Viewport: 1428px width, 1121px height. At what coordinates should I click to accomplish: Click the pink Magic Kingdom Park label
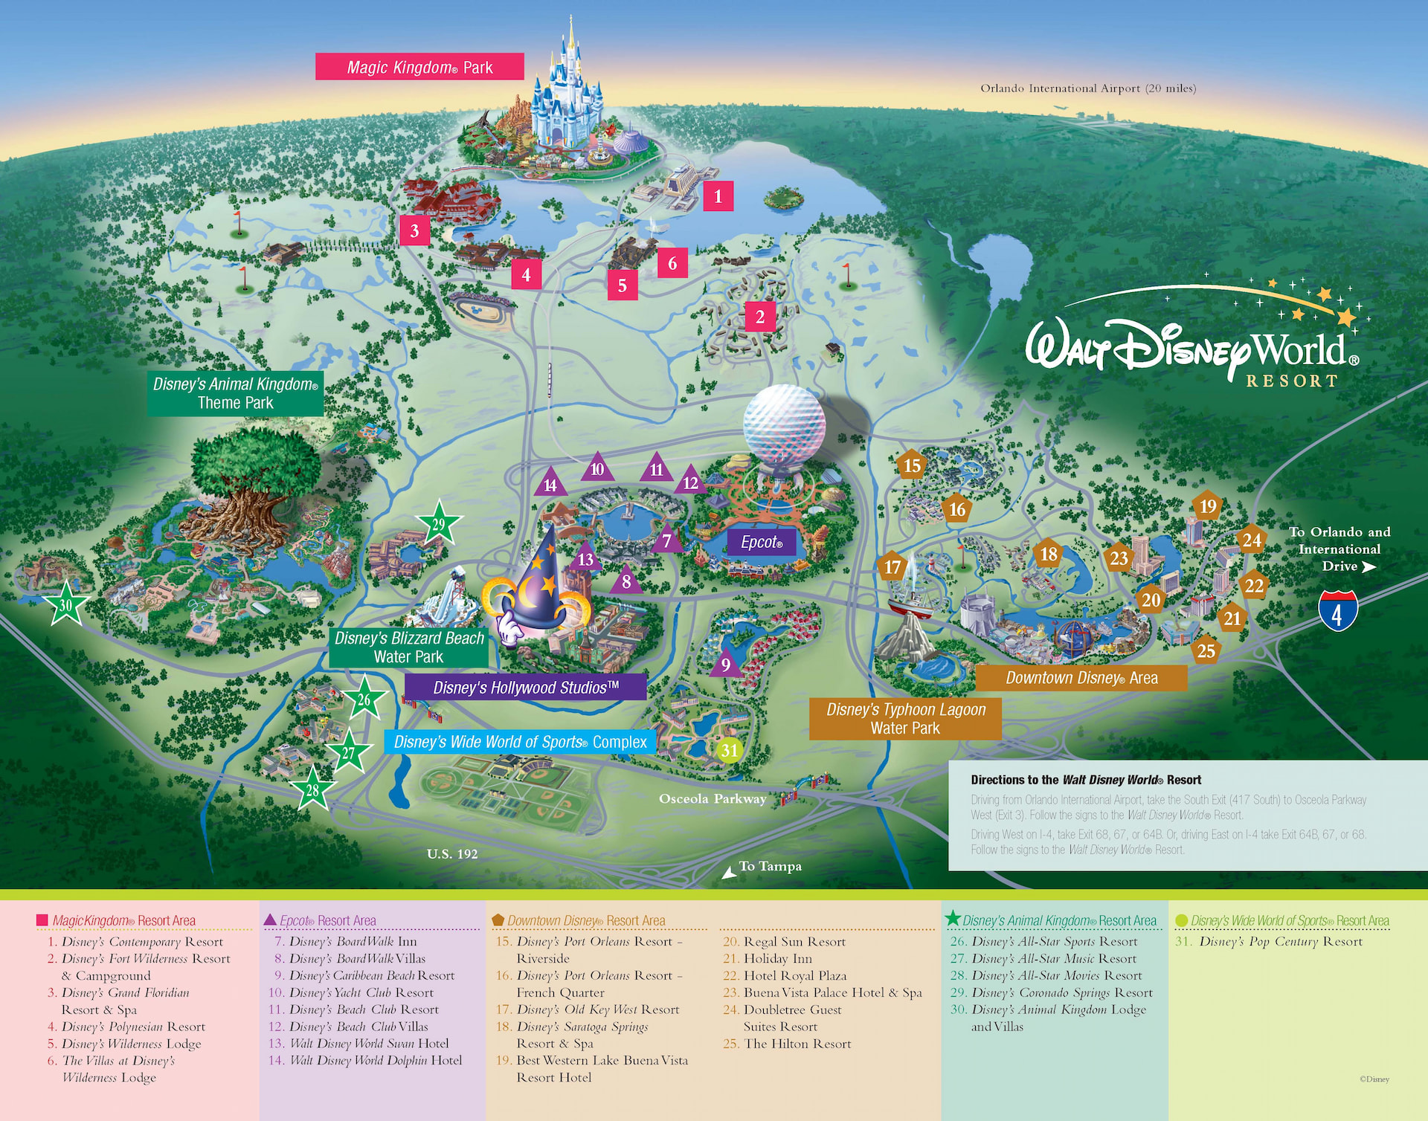[x=419, y=67]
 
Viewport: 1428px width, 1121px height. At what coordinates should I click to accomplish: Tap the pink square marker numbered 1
[x=718, y=196]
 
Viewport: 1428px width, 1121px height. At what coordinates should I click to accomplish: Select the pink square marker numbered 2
[x=759, y=317]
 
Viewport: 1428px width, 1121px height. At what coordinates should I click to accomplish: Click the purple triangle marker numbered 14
[x=550, y=484]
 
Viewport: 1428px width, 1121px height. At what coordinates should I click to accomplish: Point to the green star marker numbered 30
[x=65, y=604]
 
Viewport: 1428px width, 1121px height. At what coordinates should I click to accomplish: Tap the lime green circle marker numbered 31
[x=729, y=750]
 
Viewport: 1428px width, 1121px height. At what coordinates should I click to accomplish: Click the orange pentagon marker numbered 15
[x=912, y=465]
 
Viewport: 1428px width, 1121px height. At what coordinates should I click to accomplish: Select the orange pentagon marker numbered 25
[x=1206, y=650]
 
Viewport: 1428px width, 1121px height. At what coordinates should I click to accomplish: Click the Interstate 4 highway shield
[x=1337, y=611]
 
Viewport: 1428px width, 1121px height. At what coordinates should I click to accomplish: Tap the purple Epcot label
[x=761, y=542]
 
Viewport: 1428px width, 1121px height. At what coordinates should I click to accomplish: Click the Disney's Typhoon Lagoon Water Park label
[x=905, y=718]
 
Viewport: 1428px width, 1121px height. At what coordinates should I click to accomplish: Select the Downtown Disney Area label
[x=1081, y=677]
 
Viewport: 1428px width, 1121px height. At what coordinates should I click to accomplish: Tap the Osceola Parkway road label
[x=712, y=798]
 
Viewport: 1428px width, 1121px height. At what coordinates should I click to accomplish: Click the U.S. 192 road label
[x=452, y=853]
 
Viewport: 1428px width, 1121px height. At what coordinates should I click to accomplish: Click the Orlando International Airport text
[x=1087, y=88]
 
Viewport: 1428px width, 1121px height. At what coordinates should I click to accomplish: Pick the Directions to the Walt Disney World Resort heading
[x=1085, y=779]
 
